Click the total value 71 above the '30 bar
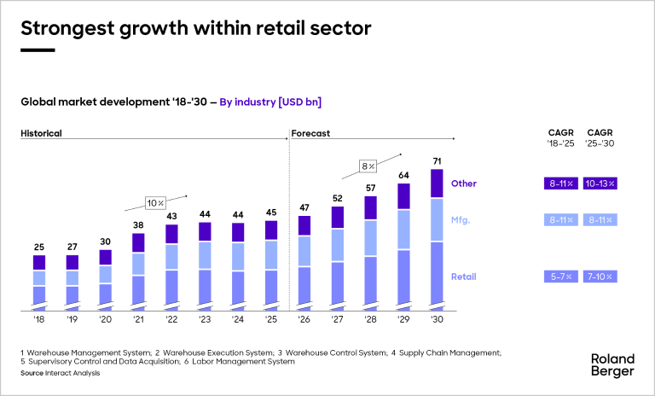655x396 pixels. pyautogui.click(x=437, y=160)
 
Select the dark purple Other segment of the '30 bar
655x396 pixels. pyautogui.click(x=437, y=183)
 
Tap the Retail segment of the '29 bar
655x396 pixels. pyautogui.click(x=403, y=277)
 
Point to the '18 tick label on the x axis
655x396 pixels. pyautogui.click(x=38, y=320)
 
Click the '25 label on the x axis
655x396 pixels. pyautogui.click(x=271, y=320)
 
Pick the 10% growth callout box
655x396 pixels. pyautogui.click(x=155, y=202)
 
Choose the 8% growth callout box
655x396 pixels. pyautogui.click(x=368, y=166)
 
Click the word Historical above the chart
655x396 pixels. pyautogui.click(x=41, y=133)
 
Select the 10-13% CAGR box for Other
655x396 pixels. pyautogui.click(x=600, y=183)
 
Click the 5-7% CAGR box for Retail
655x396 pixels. pyautogui.click(x=560, y=277)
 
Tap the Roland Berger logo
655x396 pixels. pyautogui.click(x=612, y=364)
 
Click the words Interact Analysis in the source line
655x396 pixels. pyautogui.click(x=73, y=373)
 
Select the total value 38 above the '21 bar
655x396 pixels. pyautogui.click(x=138, y=226)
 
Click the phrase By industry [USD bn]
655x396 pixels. pyautogui.click(x=270, y=102)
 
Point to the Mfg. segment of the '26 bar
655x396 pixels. pyautogui.click(x=304, y=251)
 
